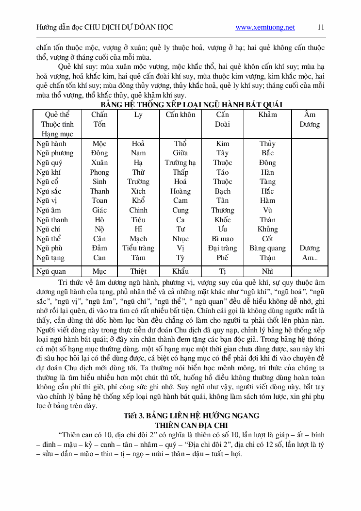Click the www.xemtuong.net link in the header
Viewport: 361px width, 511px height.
[x=265, y=27]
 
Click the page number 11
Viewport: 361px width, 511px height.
[x=321, y=27]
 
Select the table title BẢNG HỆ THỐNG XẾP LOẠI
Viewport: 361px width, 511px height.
[x=192, y=104]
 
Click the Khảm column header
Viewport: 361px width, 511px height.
[x=267, y=115]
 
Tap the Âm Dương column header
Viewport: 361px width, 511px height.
[x=310, y=119]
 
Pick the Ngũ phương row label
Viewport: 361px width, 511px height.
[x=55, y=153]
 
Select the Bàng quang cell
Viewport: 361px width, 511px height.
[x=267, y=248]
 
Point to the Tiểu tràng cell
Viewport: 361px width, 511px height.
[x=138, y=248]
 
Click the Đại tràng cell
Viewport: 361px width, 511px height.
[x=222, y=248]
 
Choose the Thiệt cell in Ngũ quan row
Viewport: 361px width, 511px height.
[x=138, y=271]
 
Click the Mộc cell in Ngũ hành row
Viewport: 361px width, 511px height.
[x=99, y=144]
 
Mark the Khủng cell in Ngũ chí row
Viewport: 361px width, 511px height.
[x=267, y=229]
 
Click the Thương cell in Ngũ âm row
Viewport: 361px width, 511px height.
[x=222, y=210]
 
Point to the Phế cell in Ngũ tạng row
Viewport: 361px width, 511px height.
[x=222, y=258]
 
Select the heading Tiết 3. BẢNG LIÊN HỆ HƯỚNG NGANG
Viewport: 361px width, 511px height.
[x=191, y=415]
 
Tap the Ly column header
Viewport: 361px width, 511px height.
[x=138, y=115]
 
